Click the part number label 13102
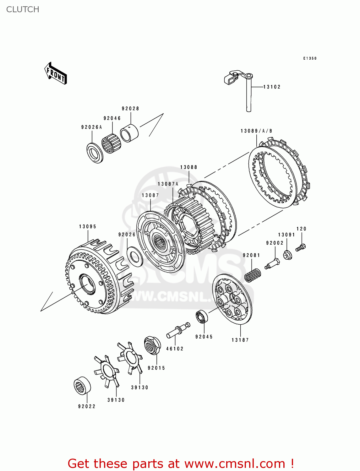(x=272, y=87)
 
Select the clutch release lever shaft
(x=248, y=94)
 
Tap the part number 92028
(x=130, y=109)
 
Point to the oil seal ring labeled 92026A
(x=95, y=153)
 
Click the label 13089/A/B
(x=256, y=131)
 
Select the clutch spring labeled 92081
(x=252, y=275)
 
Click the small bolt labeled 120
(x=301, y=247)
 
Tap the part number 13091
(x=286, y=235)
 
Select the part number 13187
(x=240, y=340)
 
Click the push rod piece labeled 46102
(x=178, y=330)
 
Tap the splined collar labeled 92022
(x=82, y=385)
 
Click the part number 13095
(x=88, y=227)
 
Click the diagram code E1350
(x=310, y=58)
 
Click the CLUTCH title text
(x=23, y=9)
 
